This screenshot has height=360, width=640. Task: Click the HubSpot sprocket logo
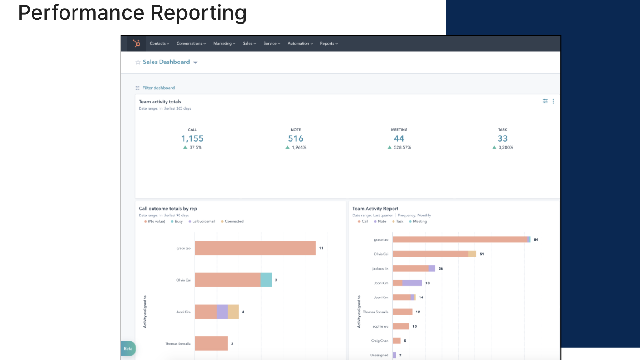(x=136, y=43)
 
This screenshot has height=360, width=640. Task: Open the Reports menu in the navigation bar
(x=329, y=43)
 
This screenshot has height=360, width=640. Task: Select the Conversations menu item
(x=191, y=43)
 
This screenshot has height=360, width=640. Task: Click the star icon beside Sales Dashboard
(x=138, y=62)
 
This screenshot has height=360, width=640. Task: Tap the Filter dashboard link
(x=158, y=88)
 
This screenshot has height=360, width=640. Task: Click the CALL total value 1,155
(x=192, y=138)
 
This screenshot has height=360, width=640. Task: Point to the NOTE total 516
(x=296, y=138)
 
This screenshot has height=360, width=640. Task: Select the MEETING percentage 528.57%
(x=402, y=147)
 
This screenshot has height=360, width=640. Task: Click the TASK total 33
(x=502, y=138)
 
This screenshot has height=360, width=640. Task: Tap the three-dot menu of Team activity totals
(x=553, y=101)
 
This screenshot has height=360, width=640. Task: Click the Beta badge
(x=128, y=349)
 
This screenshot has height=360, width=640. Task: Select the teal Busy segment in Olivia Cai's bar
(x=266, y=280)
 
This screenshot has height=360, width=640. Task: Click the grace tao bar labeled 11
(x=255, y=248)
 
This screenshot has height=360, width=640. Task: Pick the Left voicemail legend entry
(x=203, y=222)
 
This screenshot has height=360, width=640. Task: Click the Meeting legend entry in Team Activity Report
(x=419, y=222)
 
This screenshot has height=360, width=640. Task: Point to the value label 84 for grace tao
(x=536, y=239)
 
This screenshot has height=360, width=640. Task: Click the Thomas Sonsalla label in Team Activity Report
(x=375, y=312)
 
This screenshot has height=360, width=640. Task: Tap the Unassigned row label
(x=379, y=355)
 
